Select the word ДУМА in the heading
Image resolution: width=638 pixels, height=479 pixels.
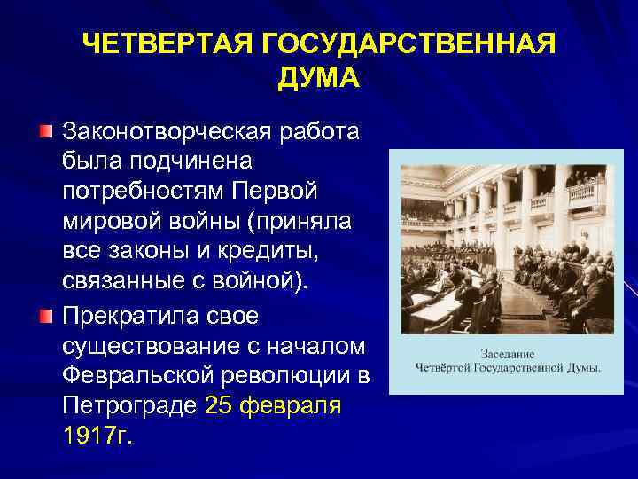(x=318, y=78)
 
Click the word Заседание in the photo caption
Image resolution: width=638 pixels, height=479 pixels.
(x=509, y=352)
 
